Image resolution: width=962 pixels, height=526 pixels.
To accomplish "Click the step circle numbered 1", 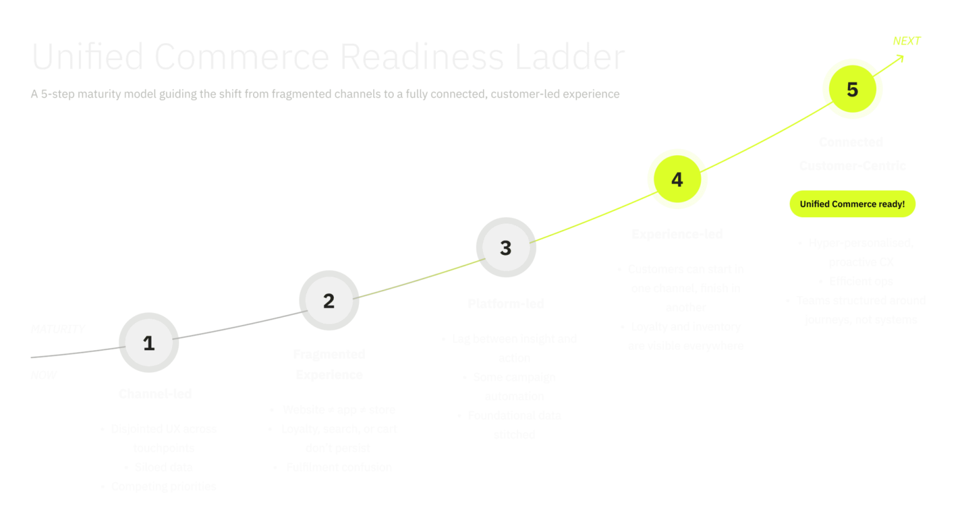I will (x=148, y=343).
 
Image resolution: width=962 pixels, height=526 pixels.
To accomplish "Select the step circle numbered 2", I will (x=329, y=301).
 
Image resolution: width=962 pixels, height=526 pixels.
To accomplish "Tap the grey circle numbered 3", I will (x=506, y=247).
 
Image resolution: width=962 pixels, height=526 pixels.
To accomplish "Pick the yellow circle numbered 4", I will (x=677, y=179).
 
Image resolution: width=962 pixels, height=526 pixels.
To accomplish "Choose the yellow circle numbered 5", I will (x=852, y=89).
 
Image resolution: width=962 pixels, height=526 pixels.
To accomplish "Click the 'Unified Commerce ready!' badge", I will (x=852, y=204).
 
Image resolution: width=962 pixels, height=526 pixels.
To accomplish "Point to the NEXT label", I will (x=906, y=41).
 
